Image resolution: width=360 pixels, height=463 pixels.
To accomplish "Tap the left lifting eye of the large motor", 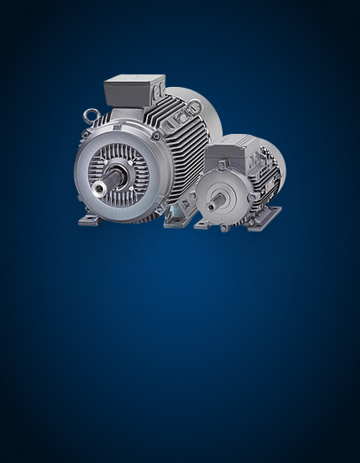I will click(90, 115).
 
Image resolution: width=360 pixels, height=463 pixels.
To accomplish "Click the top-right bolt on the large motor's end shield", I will click(157, 136).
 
